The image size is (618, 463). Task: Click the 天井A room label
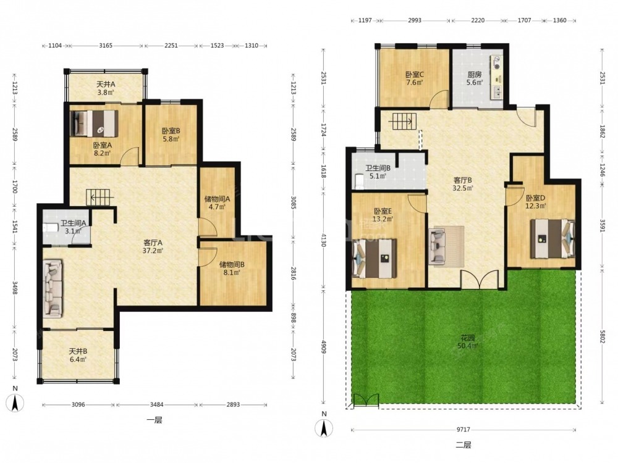click(106, 84)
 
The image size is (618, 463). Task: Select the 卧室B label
click(171, 131)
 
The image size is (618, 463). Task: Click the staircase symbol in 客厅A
click(99, 197)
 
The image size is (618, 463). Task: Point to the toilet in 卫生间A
click(49, 228)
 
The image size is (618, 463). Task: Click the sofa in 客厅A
click(53, 288)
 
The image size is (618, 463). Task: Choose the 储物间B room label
click(232, 265)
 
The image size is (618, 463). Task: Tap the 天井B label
click(78, 351)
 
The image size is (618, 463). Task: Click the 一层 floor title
click(154, 420)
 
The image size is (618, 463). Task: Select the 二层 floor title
click(463, 445)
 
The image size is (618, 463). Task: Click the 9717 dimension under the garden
click(463, 430)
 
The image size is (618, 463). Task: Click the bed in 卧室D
click(552, 238)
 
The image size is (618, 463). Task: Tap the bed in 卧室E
click(374, 258)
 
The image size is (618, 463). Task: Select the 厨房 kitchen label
click(475, 75)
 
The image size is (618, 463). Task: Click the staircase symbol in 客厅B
click(402, 122)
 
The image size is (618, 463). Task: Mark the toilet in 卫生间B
click(359, 180)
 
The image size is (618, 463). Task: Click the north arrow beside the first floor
click(15, 403)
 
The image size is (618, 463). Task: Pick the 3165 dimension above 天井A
click(106, 46)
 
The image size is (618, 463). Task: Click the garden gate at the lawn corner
click(366, 399)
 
